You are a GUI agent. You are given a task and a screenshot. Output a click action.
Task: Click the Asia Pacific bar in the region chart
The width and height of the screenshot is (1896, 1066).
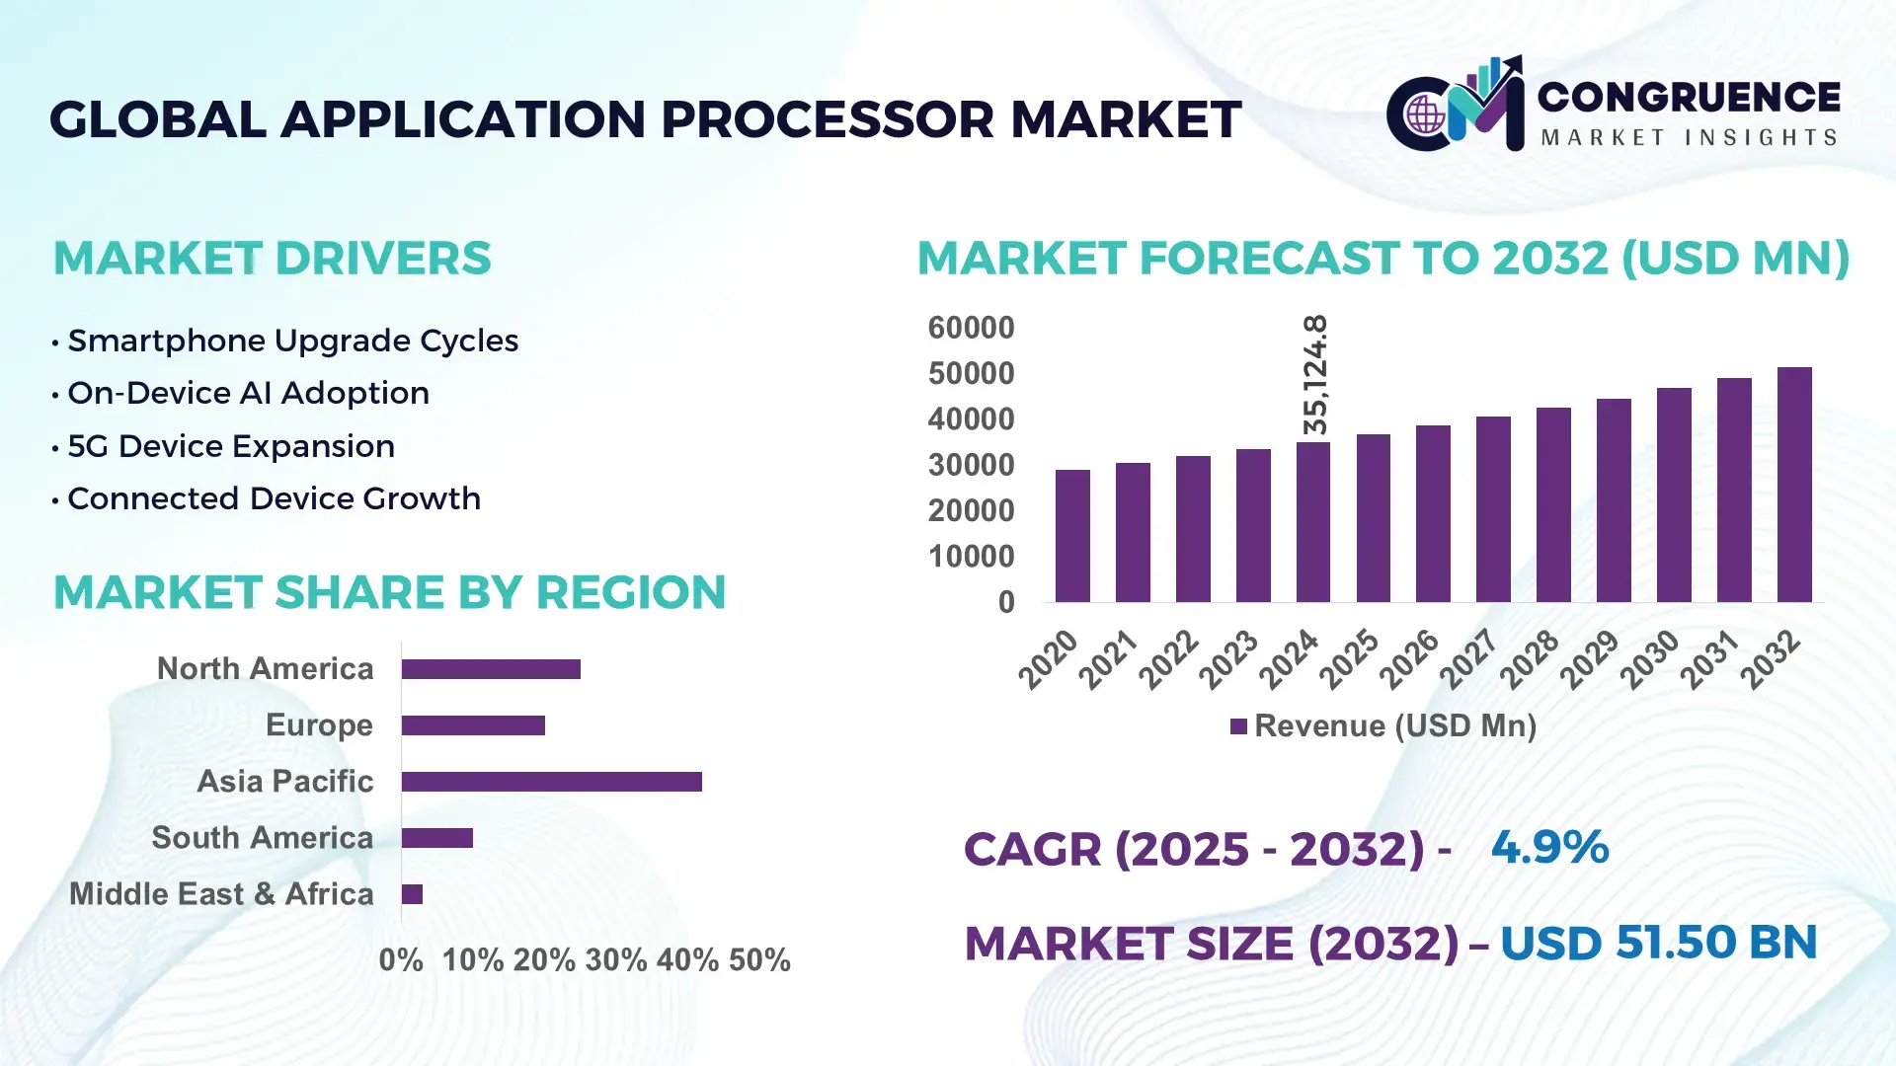tap(551, 782)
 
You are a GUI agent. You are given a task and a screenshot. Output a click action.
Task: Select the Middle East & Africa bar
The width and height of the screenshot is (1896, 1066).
tap(412, 894)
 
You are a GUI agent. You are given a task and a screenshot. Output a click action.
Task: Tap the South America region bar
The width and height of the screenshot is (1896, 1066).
tap(436, 838)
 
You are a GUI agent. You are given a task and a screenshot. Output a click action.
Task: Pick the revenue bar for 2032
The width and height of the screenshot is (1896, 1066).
tap(1793, 485)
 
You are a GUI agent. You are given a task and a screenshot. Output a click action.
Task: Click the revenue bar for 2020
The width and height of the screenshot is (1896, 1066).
tap(1072, 536)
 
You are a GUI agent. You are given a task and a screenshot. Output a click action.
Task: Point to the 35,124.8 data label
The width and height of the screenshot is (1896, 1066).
tap(1315, 375)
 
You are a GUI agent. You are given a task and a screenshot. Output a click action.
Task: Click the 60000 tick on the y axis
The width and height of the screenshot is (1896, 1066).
tap(971, 328)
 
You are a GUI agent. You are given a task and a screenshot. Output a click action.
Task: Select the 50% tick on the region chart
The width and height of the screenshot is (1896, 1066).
tap(759, 960)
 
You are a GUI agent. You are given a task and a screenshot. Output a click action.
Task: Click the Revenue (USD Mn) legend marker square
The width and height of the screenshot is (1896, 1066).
tap(1238, 726)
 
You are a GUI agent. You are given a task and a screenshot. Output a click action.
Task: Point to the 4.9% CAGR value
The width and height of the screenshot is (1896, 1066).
tap(1549, 847)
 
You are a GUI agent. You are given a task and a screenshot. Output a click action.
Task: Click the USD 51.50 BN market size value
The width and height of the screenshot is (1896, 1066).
tap(1658, 943)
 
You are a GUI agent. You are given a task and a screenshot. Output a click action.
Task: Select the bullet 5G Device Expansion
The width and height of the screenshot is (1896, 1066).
tap(231, 446)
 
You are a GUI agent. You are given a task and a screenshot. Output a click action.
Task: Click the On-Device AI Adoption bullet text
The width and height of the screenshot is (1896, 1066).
tap(248, 393)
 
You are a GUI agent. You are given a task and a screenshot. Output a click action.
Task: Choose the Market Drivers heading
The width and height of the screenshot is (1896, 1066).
tap(272, 259)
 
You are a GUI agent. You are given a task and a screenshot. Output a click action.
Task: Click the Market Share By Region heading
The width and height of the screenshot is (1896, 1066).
tap(389, 592)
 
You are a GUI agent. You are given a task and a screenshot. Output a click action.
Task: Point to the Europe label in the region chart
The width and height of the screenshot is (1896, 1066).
tap(319, 725)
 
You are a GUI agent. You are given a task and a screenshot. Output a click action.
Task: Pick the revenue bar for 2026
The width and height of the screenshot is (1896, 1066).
tap(1433, 513)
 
